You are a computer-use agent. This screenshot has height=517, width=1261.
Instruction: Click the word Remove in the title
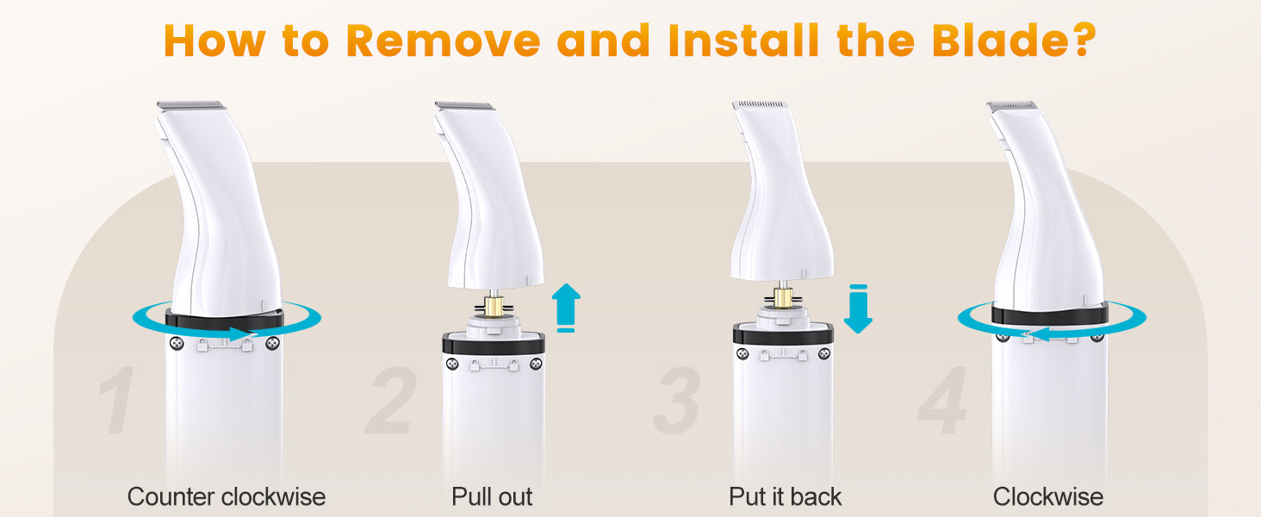[x=444, y=40]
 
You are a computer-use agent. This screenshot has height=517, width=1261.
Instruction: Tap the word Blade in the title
[x=1002, y=40]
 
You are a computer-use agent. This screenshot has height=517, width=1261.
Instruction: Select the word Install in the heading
[x=744, y=40]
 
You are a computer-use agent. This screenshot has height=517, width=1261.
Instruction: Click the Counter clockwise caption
[x=227, y=496]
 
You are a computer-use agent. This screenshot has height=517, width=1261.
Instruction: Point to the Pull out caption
[x=492, y=496]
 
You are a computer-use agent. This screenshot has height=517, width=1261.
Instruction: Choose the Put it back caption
[x=785, y=496]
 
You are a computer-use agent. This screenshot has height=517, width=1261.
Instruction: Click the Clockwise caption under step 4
[x=1047, y=496]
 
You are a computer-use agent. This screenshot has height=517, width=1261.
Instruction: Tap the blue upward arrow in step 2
[x=566, y=307]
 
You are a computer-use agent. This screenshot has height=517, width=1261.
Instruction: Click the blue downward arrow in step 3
[x=858, y=308]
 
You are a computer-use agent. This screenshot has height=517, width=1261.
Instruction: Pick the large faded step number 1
[x=117, y=400]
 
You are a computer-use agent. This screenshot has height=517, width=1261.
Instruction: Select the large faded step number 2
[x=391, y=400]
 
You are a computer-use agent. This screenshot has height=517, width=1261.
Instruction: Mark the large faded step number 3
[x=677, y=400]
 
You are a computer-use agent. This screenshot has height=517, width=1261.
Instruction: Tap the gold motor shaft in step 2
[x=494, y=307]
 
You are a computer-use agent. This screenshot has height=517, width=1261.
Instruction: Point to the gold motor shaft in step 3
[x=783, y=296]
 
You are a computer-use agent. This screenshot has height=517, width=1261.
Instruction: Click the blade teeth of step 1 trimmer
[x=191, y=105]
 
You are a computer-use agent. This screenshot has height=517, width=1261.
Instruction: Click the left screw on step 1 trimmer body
[x=177, y=342]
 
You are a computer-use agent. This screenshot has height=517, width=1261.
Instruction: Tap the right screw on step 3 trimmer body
[x=824, y=354]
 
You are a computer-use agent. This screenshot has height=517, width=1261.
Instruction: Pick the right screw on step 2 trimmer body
[x=536, y=364]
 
